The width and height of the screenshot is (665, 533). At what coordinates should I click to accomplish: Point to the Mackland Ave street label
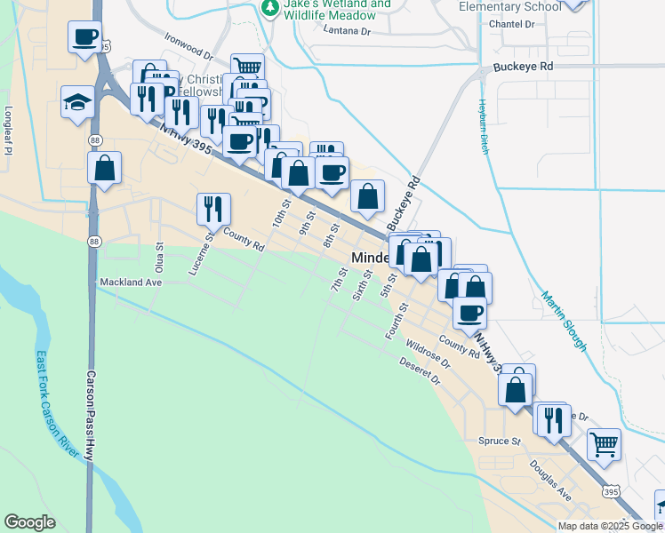[130, 282]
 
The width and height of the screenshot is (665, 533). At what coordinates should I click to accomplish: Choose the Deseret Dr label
[421, 370]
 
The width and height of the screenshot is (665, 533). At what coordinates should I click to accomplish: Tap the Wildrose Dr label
[429, 352]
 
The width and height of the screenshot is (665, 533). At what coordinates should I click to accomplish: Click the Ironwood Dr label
[189, 46]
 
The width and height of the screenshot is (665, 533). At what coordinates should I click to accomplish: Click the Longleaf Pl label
[8, 131]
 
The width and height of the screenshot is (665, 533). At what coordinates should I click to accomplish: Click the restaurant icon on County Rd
[213, 209]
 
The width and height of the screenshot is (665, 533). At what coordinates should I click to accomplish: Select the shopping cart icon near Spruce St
[604, 443]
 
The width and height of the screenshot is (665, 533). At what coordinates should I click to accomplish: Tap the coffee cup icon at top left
[84, 37]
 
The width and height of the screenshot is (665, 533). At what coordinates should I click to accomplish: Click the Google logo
[29, 522]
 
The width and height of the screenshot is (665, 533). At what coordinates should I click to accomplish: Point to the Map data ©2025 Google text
[609, 526]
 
